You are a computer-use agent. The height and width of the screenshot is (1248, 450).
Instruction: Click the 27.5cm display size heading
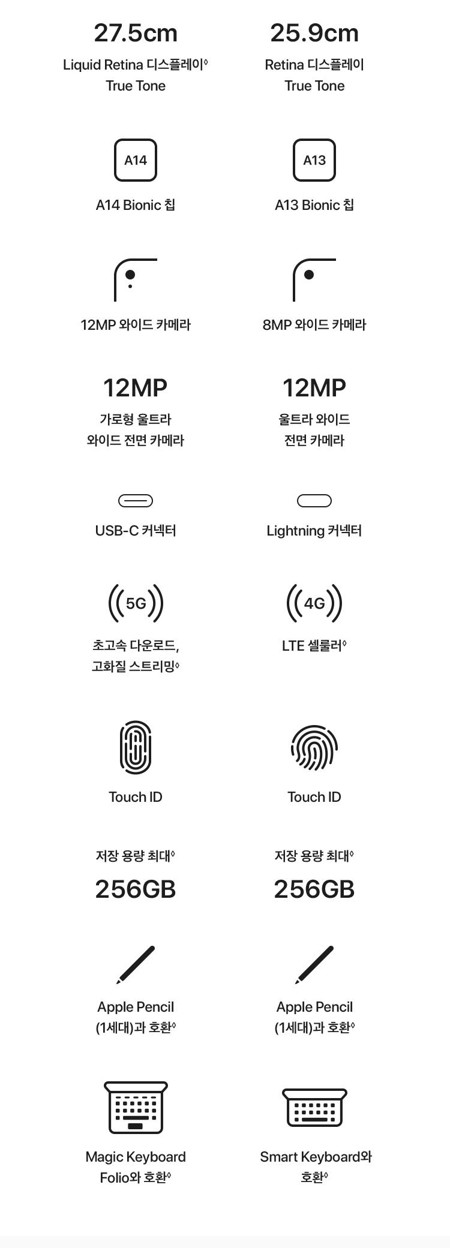(136, 33)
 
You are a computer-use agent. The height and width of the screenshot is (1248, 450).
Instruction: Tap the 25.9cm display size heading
(314, 33)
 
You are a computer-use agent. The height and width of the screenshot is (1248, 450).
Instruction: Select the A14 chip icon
(136, 160)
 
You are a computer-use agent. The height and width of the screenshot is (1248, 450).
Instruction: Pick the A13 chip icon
(314, 160)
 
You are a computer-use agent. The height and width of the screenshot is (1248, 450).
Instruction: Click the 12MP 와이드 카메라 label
(136, 325)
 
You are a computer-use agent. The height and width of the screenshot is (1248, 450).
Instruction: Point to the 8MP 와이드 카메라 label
(314, 325)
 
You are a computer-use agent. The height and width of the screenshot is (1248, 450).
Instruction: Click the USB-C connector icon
(136, 501)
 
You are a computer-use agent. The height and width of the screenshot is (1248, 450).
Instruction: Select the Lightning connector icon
(314, 501)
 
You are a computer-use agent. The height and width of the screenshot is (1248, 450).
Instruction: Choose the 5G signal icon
(136, 603)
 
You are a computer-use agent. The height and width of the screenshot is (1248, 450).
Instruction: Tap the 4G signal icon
(314, 603)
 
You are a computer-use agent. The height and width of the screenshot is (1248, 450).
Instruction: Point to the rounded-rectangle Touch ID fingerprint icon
(136, 747)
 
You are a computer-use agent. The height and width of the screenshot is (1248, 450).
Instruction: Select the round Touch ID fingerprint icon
(314, 748)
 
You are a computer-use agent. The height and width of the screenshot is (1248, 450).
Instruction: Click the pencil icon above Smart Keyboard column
(314, 965)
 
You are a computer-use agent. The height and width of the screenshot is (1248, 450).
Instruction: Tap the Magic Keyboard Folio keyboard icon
(136, 1108)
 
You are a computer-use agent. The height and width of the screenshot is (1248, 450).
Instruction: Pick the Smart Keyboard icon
(314, 1108)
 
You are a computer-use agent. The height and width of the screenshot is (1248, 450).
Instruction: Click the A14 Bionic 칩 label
(136, 205)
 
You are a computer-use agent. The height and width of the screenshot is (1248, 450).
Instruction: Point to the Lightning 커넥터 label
(314, 531)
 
